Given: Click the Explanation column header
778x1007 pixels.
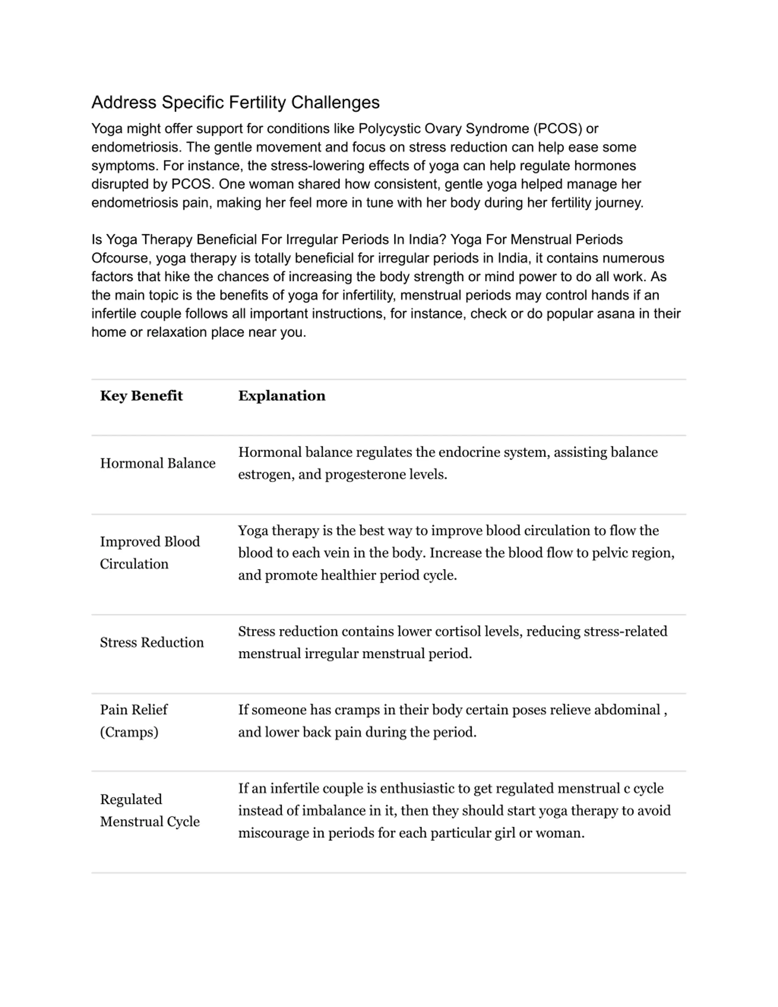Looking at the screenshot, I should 282,396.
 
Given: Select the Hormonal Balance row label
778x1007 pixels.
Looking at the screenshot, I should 158,464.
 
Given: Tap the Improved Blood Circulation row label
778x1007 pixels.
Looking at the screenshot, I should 150,552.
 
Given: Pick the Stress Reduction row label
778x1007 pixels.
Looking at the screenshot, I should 152,642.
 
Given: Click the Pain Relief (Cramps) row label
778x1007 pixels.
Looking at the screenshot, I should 134,721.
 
